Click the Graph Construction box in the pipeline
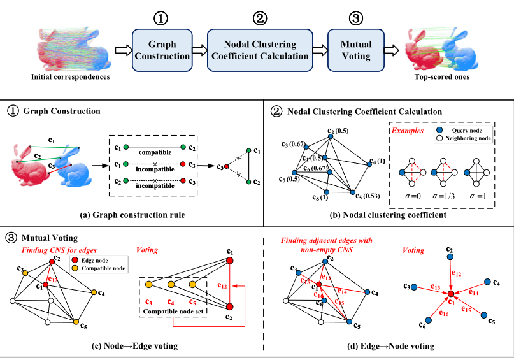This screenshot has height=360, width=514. pos(162,50)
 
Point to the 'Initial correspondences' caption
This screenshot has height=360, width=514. pos(70,78)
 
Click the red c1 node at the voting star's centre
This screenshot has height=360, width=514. pos(450,294)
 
